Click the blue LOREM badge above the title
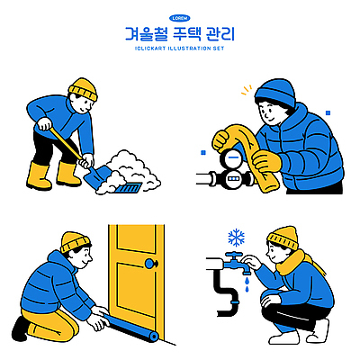(x=180, y=18)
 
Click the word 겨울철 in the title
(x=146, y=35)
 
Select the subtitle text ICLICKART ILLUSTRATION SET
(x=180, y=49)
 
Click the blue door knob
(x=148, y=265)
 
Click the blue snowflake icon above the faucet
(x=237, y=238)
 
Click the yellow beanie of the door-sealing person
(x=75, y=240)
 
